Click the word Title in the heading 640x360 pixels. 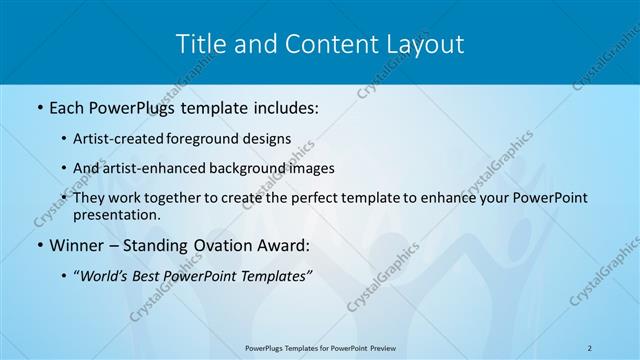point(201,44)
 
